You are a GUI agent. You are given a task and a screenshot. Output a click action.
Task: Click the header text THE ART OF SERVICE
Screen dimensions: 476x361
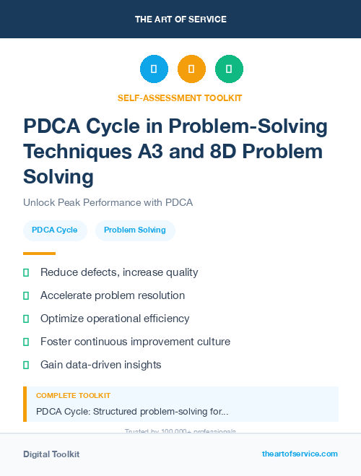click(180, 20)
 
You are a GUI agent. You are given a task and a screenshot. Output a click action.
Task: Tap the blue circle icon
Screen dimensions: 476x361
click(154, 69)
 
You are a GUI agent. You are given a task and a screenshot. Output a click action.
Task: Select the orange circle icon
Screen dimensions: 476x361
click(191, 69)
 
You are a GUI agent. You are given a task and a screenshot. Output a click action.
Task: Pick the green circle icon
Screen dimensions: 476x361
click(229, 69)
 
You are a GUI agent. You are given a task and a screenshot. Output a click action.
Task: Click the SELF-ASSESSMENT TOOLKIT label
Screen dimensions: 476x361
click(180, 98)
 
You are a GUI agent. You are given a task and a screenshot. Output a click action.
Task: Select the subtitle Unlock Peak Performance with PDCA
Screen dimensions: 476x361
click(108, 202)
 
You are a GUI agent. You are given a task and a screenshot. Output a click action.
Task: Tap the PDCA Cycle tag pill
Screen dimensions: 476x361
click(55, 230)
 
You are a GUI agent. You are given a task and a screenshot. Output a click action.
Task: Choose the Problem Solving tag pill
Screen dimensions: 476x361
click(135, 230)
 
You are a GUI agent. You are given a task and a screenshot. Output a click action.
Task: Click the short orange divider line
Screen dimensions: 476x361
click(39, 254)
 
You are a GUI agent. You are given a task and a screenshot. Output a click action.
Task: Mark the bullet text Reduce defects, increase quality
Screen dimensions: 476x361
click(119, 272)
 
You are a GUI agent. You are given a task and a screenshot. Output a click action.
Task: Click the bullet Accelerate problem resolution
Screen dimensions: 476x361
click(113, 295)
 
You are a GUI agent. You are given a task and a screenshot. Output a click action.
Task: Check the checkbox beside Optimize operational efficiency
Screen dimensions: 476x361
click(26, 319)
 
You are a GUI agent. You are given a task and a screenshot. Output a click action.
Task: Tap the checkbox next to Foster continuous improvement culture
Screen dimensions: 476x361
click(26, 342)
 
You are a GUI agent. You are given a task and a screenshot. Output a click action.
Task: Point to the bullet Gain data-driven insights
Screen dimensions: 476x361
click(100, 365)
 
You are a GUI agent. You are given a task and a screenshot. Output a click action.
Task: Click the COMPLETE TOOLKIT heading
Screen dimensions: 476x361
click(73, 396)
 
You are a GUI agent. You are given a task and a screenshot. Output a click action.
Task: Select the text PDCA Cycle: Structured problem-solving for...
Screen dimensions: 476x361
click(132, 412)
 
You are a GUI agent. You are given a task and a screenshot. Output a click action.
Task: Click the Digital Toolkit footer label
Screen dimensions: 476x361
click(51, 454)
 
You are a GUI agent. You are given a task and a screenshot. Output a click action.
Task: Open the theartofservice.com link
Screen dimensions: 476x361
click(300, 454)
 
